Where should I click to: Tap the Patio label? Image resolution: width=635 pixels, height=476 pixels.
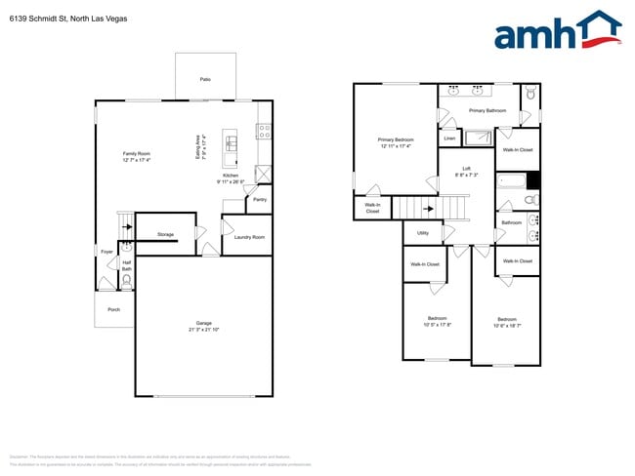click(205, 79)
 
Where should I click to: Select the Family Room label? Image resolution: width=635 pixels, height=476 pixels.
click(136, 154)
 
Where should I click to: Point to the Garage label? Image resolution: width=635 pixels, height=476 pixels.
click(203, 323)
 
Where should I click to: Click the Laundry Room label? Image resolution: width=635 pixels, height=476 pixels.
click(248, 237)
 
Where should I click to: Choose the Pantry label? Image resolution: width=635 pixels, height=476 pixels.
click(260, 199)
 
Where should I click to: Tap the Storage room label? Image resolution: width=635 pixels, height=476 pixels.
click(165, 235)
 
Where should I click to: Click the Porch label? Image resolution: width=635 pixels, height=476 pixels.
click(113, 309)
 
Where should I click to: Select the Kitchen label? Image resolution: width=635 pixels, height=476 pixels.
click(231, 176)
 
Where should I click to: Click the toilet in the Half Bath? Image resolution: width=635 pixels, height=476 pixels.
click(126, 281)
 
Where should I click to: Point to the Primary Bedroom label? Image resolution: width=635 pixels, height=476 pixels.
click(395, 140)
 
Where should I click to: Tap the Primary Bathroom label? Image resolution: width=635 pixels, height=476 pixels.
click(487, 111)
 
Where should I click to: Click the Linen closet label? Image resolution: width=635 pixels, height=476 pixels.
click(449, 139)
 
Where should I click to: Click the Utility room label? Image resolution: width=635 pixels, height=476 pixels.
click(423, 233)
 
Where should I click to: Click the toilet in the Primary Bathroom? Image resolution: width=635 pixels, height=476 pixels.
click(529, 95)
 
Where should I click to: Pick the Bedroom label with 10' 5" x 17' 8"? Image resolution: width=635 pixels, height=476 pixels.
click(438, 319)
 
